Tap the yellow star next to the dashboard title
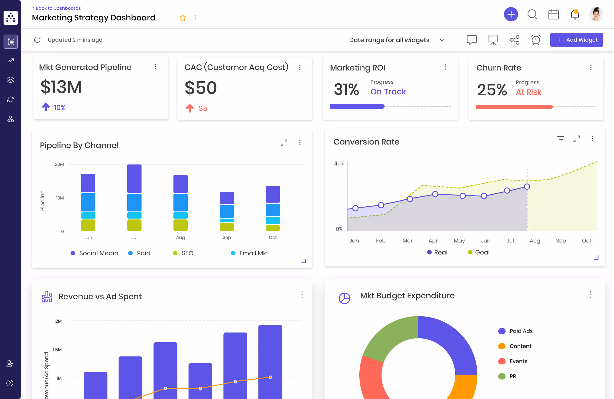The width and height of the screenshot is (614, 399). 183,18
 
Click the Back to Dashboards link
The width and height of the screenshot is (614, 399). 57,8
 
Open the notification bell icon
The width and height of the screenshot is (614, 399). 575,14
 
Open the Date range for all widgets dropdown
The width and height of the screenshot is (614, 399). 396,40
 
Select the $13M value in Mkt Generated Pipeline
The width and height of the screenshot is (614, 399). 61,87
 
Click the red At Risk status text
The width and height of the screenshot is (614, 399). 528,92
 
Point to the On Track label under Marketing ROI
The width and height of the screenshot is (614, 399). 388,92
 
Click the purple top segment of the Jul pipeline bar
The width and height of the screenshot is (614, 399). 134,178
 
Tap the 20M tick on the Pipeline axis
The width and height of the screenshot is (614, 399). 59,164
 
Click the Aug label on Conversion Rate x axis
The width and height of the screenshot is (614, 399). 535,241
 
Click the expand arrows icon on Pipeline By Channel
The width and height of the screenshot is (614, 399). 284,143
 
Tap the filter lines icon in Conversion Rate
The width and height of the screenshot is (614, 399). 560,139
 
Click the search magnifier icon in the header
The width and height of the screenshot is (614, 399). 532,14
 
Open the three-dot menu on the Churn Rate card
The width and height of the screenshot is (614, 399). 591,68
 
